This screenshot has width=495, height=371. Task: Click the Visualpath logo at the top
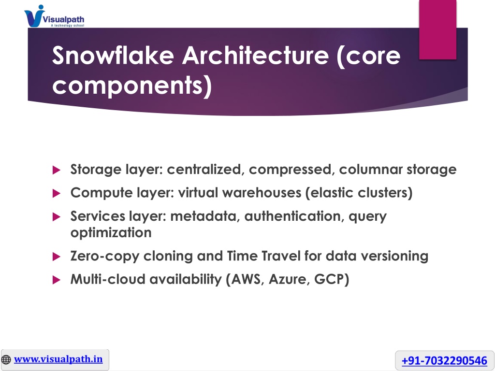54,16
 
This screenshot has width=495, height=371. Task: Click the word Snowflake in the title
113,56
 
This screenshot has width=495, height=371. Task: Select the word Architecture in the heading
256,56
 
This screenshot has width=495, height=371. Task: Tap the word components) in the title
132,86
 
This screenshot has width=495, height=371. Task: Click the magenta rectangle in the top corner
437,29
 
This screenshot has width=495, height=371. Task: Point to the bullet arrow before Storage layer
56,170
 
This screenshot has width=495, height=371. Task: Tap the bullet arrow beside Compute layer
56,193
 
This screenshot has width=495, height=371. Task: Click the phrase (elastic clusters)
359,192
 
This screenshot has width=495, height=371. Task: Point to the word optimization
111,233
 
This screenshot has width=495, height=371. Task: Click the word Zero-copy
104,256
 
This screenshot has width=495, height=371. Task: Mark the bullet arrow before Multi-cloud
56,280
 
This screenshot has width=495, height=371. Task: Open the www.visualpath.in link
58,359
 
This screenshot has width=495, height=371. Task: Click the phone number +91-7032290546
445,360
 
